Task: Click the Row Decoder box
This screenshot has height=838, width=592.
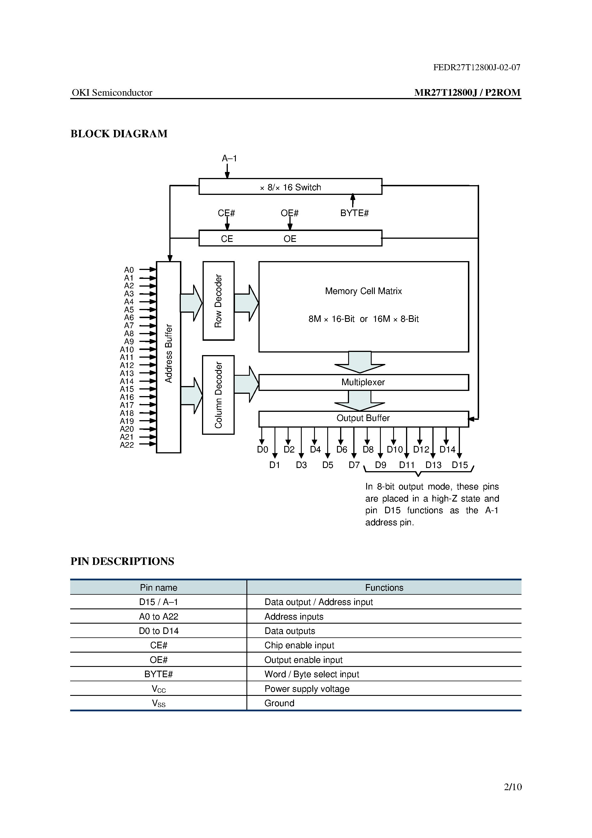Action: tap(218, 301)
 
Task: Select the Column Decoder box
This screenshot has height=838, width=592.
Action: tap(218, 395)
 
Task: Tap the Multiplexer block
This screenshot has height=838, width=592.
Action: tap(363, 382)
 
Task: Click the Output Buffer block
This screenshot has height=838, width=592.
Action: tap(363, 418)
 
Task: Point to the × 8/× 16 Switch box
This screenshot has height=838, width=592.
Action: tap(290, 187)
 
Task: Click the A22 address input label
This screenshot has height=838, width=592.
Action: tap(127, 445)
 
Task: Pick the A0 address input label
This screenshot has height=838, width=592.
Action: tap(129, 270)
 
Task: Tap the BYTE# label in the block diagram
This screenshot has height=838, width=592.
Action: tap(354, 213)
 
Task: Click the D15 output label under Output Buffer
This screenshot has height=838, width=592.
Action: tap(460, 465)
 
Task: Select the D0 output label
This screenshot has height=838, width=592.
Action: tap(262, 449)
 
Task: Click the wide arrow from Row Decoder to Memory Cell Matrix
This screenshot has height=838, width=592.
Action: tap(246, 303)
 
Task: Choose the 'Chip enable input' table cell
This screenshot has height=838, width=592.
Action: tap(299, 645)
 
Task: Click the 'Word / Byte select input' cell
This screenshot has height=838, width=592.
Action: tap(312, 674)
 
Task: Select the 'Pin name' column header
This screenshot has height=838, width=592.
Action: tap(158, 588)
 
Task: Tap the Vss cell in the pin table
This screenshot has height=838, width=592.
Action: tap(158, 703)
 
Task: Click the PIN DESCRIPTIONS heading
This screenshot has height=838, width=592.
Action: tap(122, 561)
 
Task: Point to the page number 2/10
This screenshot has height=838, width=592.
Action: tap(512, 787)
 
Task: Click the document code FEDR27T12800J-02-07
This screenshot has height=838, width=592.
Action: tap(477, 67)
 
